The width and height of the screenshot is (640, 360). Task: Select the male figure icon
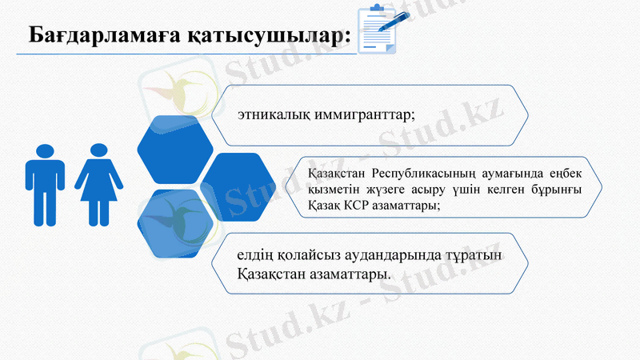pyautogui.click(x=45, y=184)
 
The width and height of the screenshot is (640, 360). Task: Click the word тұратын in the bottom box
pyautogui.click(x=490, y=256)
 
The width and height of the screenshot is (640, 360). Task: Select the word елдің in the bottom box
pyautogui.click(x=254, y=256)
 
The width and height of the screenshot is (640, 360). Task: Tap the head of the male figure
pyautogui.click(x=45, y=150)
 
